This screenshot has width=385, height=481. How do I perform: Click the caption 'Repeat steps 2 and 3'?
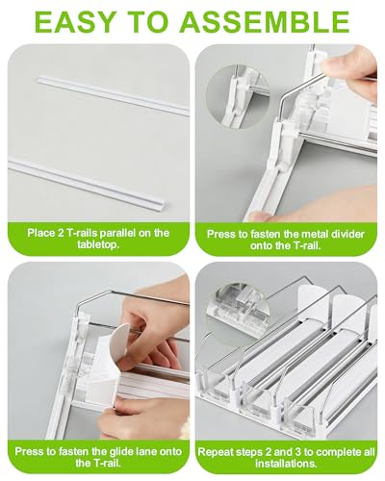pyautogui.click(x=290, y=455)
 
